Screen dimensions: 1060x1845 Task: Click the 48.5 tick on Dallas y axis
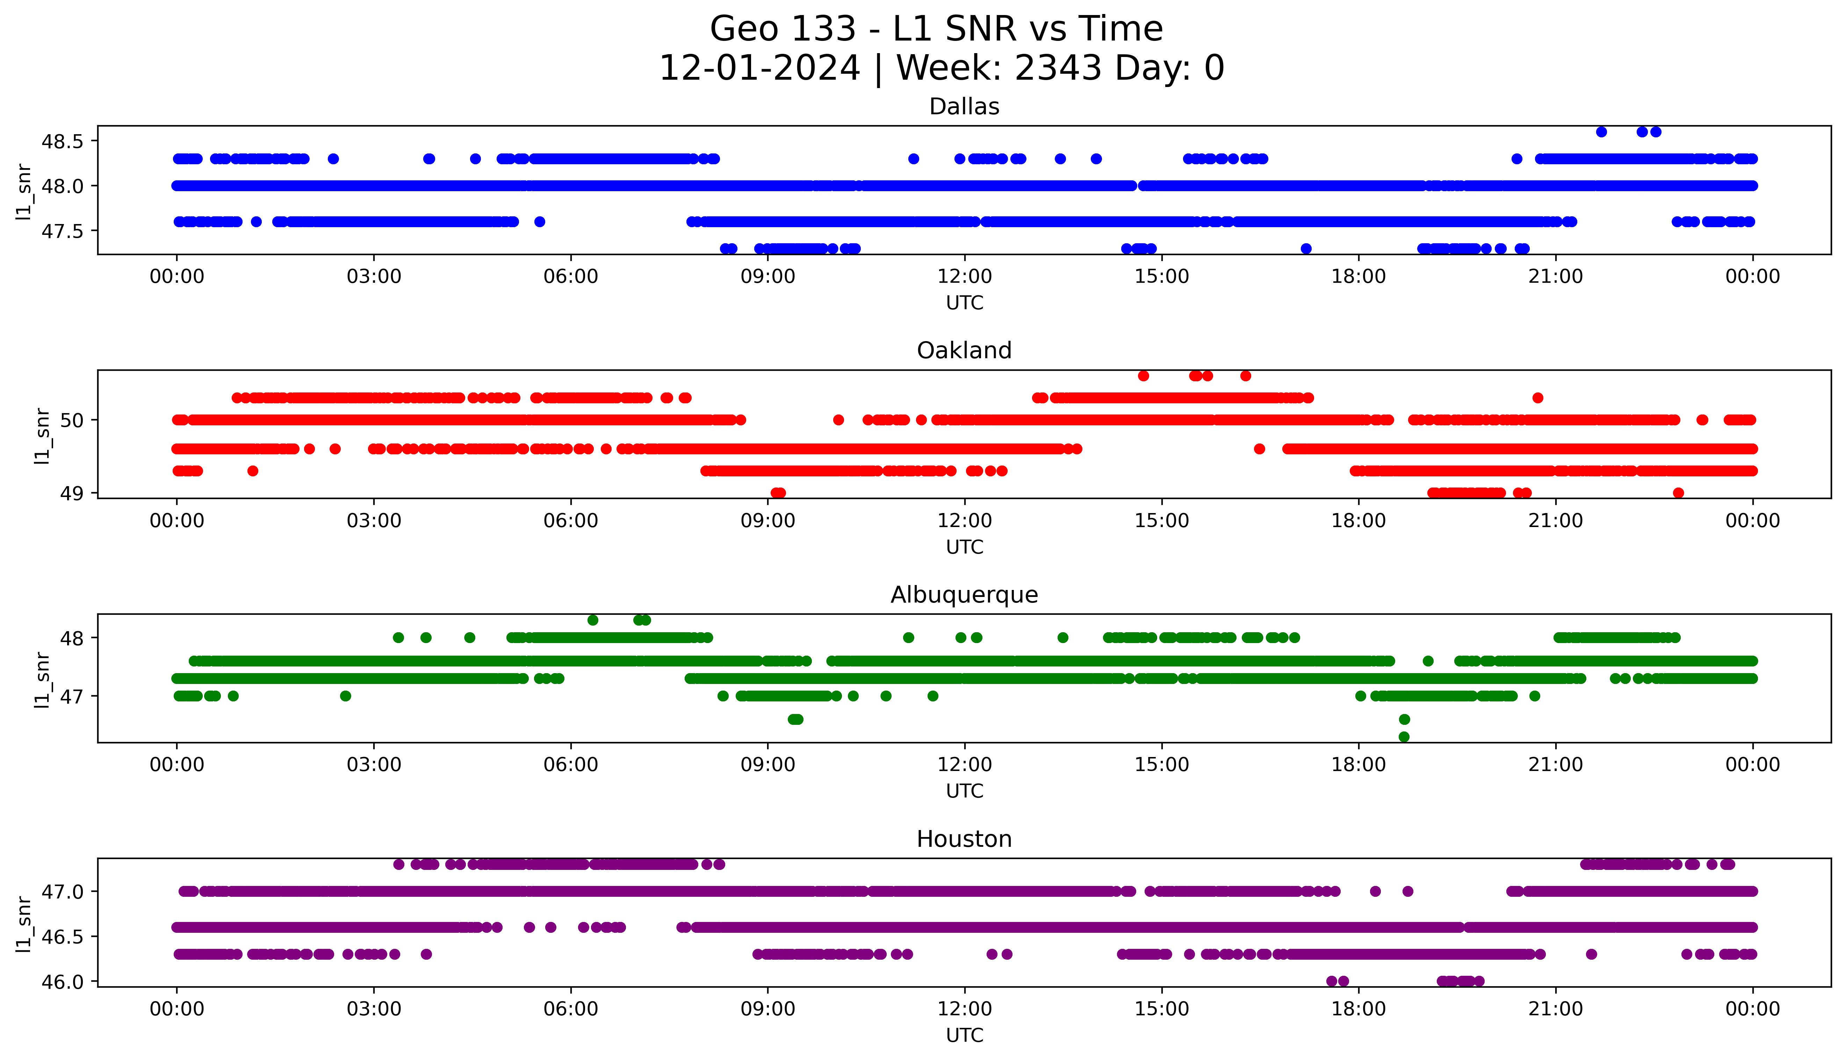(x=63, y=141)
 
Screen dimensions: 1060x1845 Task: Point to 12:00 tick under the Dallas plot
(x=964, y=277)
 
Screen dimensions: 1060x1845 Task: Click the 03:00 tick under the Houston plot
(x=374, y=1009)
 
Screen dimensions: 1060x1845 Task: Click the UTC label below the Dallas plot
(x=964, y=303)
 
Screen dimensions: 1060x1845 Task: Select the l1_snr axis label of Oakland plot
(x=42, y=435)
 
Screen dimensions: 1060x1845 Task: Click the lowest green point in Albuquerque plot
(x=1404, y=737)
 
